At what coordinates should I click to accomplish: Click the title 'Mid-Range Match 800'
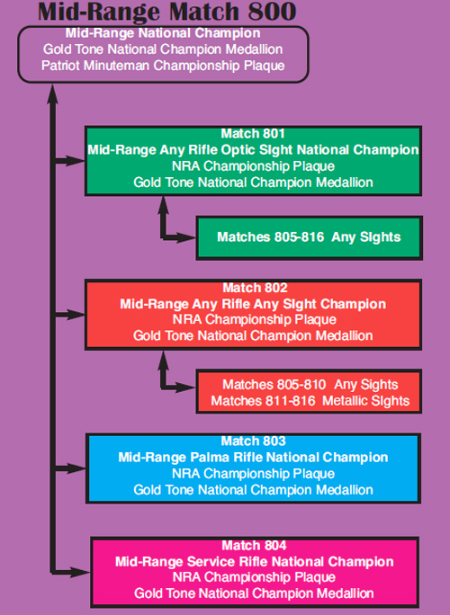(166, 12)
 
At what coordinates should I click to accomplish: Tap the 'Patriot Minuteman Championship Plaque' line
(163, 65)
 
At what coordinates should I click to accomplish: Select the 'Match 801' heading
(253, 134)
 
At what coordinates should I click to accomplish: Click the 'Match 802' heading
(256, 288)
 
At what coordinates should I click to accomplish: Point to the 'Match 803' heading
(253, 441)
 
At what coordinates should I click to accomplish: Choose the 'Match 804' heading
(254, 546)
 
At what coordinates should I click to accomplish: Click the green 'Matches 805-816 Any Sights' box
(309, 237)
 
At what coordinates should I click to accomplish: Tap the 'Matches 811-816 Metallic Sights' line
(310, 401)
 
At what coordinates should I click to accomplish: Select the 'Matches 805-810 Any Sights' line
(310, 385)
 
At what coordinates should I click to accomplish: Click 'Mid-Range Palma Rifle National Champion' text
(253, 458)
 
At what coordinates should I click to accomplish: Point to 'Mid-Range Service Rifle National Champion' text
(255, 562)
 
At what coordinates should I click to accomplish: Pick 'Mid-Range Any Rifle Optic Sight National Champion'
(253, 150)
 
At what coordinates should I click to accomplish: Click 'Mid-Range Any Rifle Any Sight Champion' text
(253, 304)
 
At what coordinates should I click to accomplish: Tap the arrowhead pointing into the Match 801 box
(76, 160)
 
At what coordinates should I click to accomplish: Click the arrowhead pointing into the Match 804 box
(80, 572)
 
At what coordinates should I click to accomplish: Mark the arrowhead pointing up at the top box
(52, 95)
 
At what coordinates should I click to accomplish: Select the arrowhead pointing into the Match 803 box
(76, 468)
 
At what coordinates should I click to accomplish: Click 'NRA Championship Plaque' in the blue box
(253, 474)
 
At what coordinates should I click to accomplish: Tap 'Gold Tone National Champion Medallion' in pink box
(254, 593)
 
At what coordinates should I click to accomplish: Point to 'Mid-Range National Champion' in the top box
(163, 33)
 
